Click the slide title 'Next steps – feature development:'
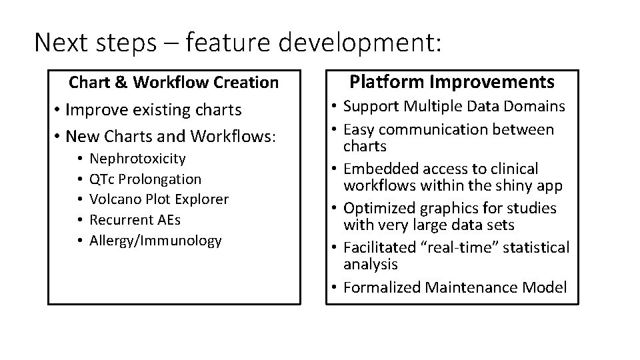pos(237,43)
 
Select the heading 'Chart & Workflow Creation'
pos(174,83)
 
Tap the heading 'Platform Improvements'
pos(452,82)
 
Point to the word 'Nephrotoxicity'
pos(137,159)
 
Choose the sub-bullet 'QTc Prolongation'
pos(145,179)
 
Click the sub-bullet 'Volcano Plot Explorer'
pos(159,199)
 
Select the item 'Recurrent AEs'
pos(135,219)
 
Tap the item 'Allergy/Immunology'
pos(155,240)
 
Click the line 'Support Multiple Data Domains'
pos(454,106)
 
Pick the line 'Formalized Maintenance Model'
pos(455,287)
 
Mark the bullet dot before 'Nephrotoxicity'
pos(79,159)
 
